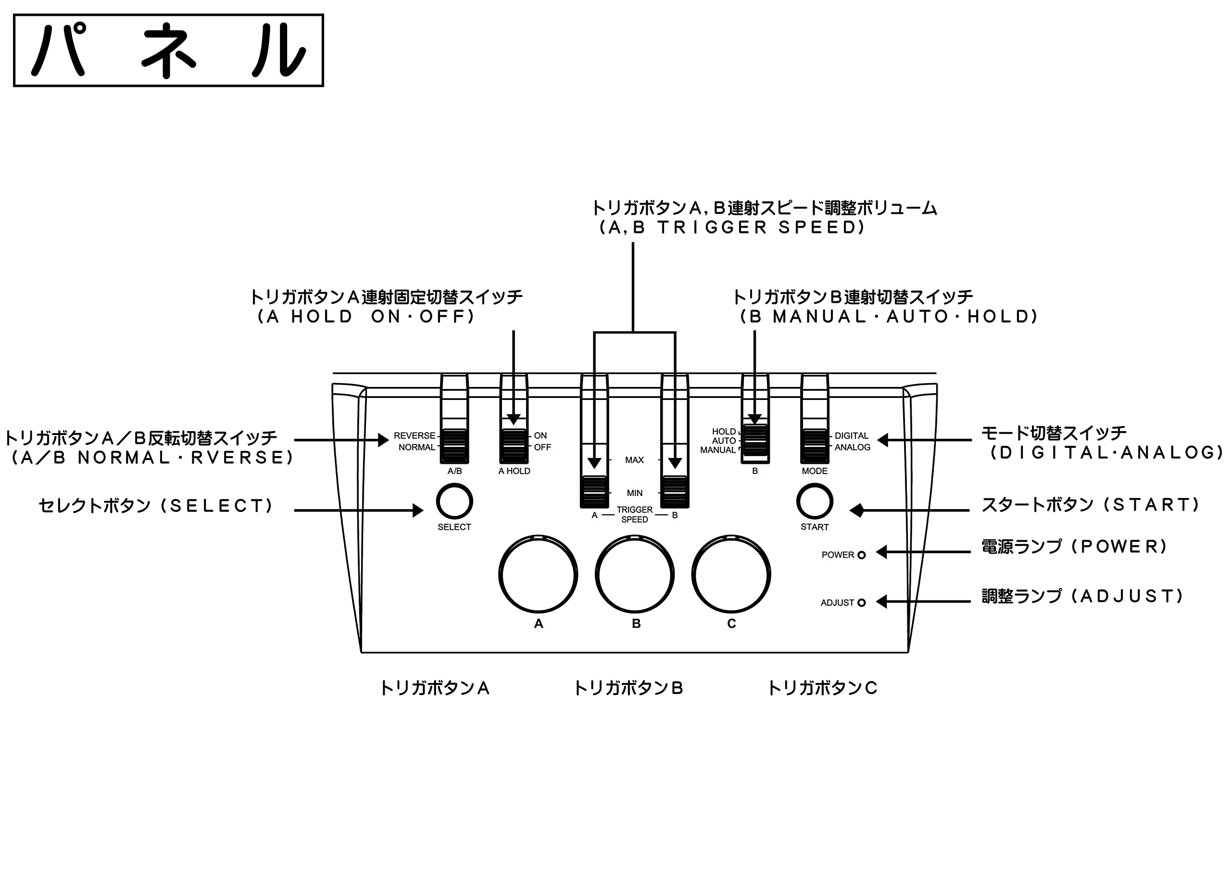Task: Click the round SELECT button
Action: (454, 502)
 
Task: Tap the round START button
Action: (815, 502)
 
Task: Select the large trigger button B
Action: (634, 575)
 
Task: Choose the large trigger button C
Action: (731, 575)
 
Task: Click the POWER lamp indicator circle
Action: (862, 555)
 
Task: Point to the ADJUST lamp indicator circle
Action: (862, 603)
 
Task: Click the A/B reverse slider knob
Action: (454, 446)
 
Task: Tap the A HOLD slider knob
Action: (514, 446)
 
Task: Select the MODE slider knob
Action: (815, 446)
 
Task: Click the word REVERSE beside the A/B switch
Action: (415, 436)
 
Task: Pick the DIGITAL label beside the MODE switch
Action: (851, 436)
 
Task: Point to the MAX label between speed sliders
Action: (634, 460)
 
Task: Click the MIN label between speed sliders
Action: (634, 493)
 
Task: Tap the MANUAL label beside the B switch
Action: (717, 450)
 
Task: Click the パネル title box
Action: (168, 50)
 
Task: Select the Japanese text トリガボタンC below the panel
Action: (822, 688)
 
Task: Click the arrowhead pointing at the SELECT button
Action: (418, 510)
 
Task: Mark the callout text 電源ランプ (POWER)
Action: (1074, 546)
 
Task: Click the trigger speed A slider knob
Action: (594, 492)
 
